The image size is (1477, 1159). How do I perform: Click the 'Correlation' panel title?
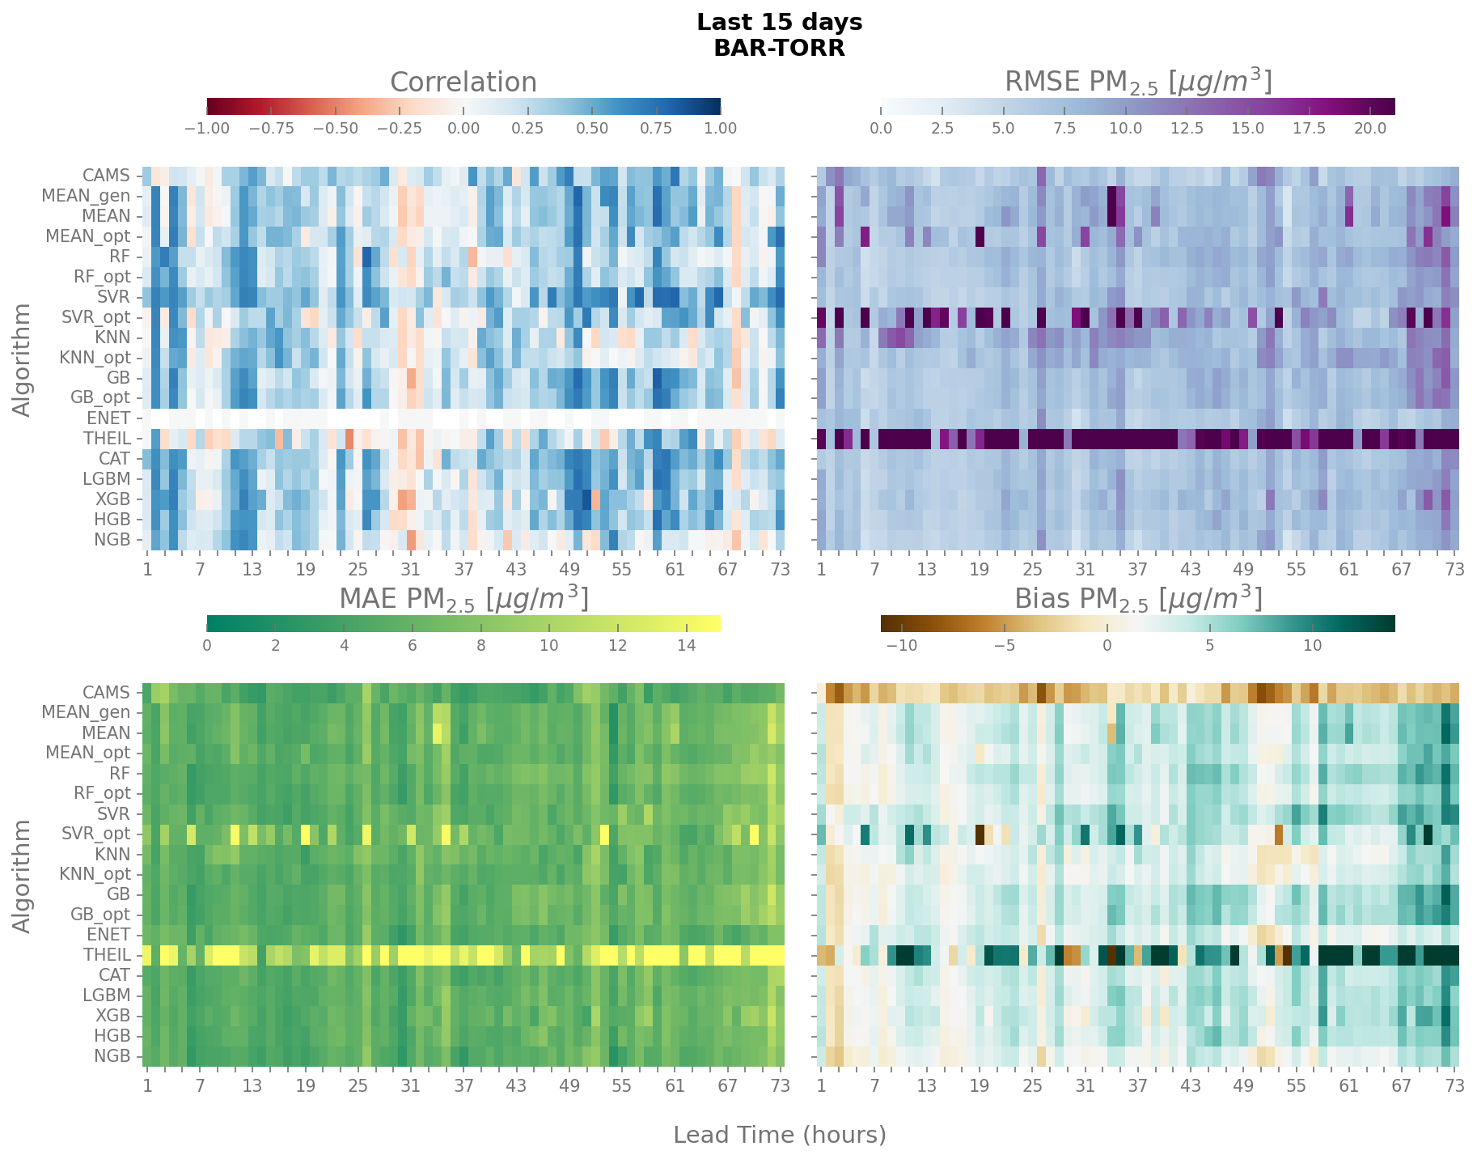[x=463, y=83]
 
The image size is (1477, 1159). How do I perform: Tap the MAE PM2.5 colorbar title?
[x=463, y=598]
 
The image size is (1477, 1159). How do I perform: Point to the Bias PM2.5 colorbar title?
[x=1137, y=598]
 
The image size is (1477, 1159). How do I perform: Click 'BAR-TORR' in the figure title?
[x=779, y=49]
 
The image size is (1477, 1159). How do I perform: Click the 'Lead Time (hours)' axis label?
[x=779, y=1135]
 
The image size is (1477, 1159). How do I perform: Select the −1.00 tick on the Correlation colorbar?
[x=207, y=129]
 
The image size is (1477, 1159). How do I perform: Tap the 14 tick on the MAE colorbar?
[x=686, y=645]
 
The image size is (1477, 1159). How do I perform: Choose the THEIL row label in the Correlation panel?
[x=107, y=439]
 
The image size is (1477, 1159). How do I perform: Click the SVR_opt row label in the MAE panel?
[x=95, y=834]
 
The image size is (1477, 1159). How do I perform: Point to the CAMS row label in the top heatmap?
[x=106, y=176]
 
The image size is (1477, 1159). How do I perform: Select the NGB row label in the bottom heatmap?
[x=112, y=1056]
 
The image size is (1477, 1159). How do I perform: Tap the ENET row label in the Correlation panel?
[x=108, y=418]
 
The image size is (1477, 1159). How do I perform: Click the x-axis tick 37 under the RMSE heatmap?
[x=1137, y=569]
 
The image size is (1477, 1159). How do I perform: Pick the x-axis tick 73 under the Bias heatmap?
[x=1454, y=1085]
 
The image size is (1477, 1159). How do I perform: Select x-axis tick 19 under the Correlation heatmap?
[x=305, y=569]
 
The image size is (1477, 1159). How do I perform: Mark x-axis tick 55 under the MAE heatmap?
[x=621, y=1085]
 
